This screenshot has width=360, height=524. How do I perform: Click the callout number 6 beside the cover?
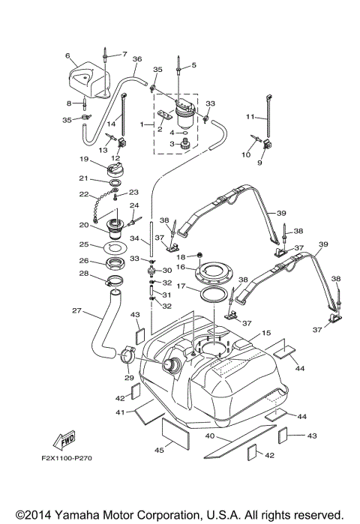click(x=67, y=56)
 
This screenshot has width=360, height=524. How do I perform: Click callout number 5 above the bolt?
click(x=193, y=66)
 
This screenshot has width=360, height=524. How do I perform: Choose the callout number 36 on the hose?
click(x=136, y=58)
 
